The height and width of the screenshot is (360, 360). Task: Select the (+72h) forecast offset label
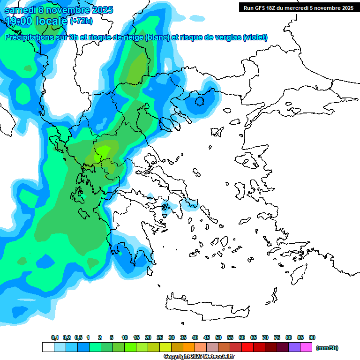pyautogui.click(x=81, y=21)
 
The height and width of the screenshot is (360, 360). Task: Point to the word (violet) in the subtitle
pyautogui.click(x=255, y=37)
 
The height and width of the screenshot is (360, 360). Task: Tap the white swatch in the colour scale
pyautogui.click(x=48, y=347)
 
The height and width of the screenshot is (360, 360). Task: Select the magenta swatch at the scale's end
pyautogui.click(x=306, y=347)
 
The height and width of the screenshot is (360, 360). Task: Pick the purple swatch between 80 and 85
pyautogui.click(x=294, y=347)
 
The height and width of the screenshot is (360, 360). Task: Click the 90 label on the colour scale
pyautogui.click(x=312, y=337)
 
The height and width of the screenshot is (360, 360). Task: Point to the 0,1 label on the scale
pyautogui.click(x=54, y=337)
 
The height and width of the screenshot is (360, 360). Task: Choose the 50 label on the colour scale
pyautogui.click(x=218, y=337)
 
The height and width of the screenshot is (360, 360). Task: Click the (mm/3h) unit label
pyautogui.click(x=327, y=348)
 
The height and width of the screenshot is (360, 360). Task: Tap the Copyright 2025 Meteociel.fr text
pyautogui.click(x=199, y=356)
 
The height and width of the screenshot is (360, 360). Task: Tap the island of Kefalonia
pyautogui.click(x=84, y=213)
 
